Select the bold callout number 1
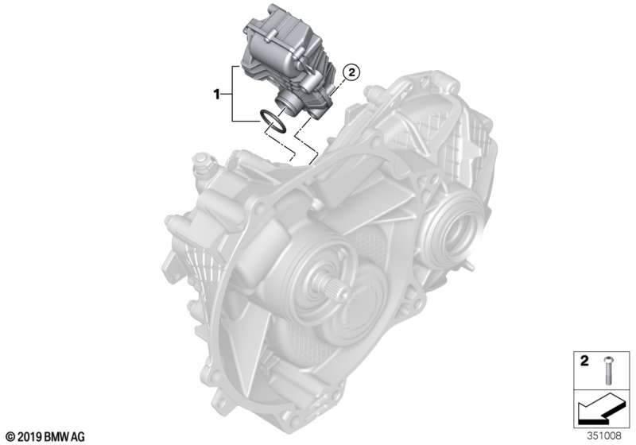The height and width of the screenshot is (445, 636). click(x=215, y=95)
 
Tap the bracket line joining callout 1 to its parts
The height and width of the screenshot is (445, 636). click(x=232, y=95)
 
